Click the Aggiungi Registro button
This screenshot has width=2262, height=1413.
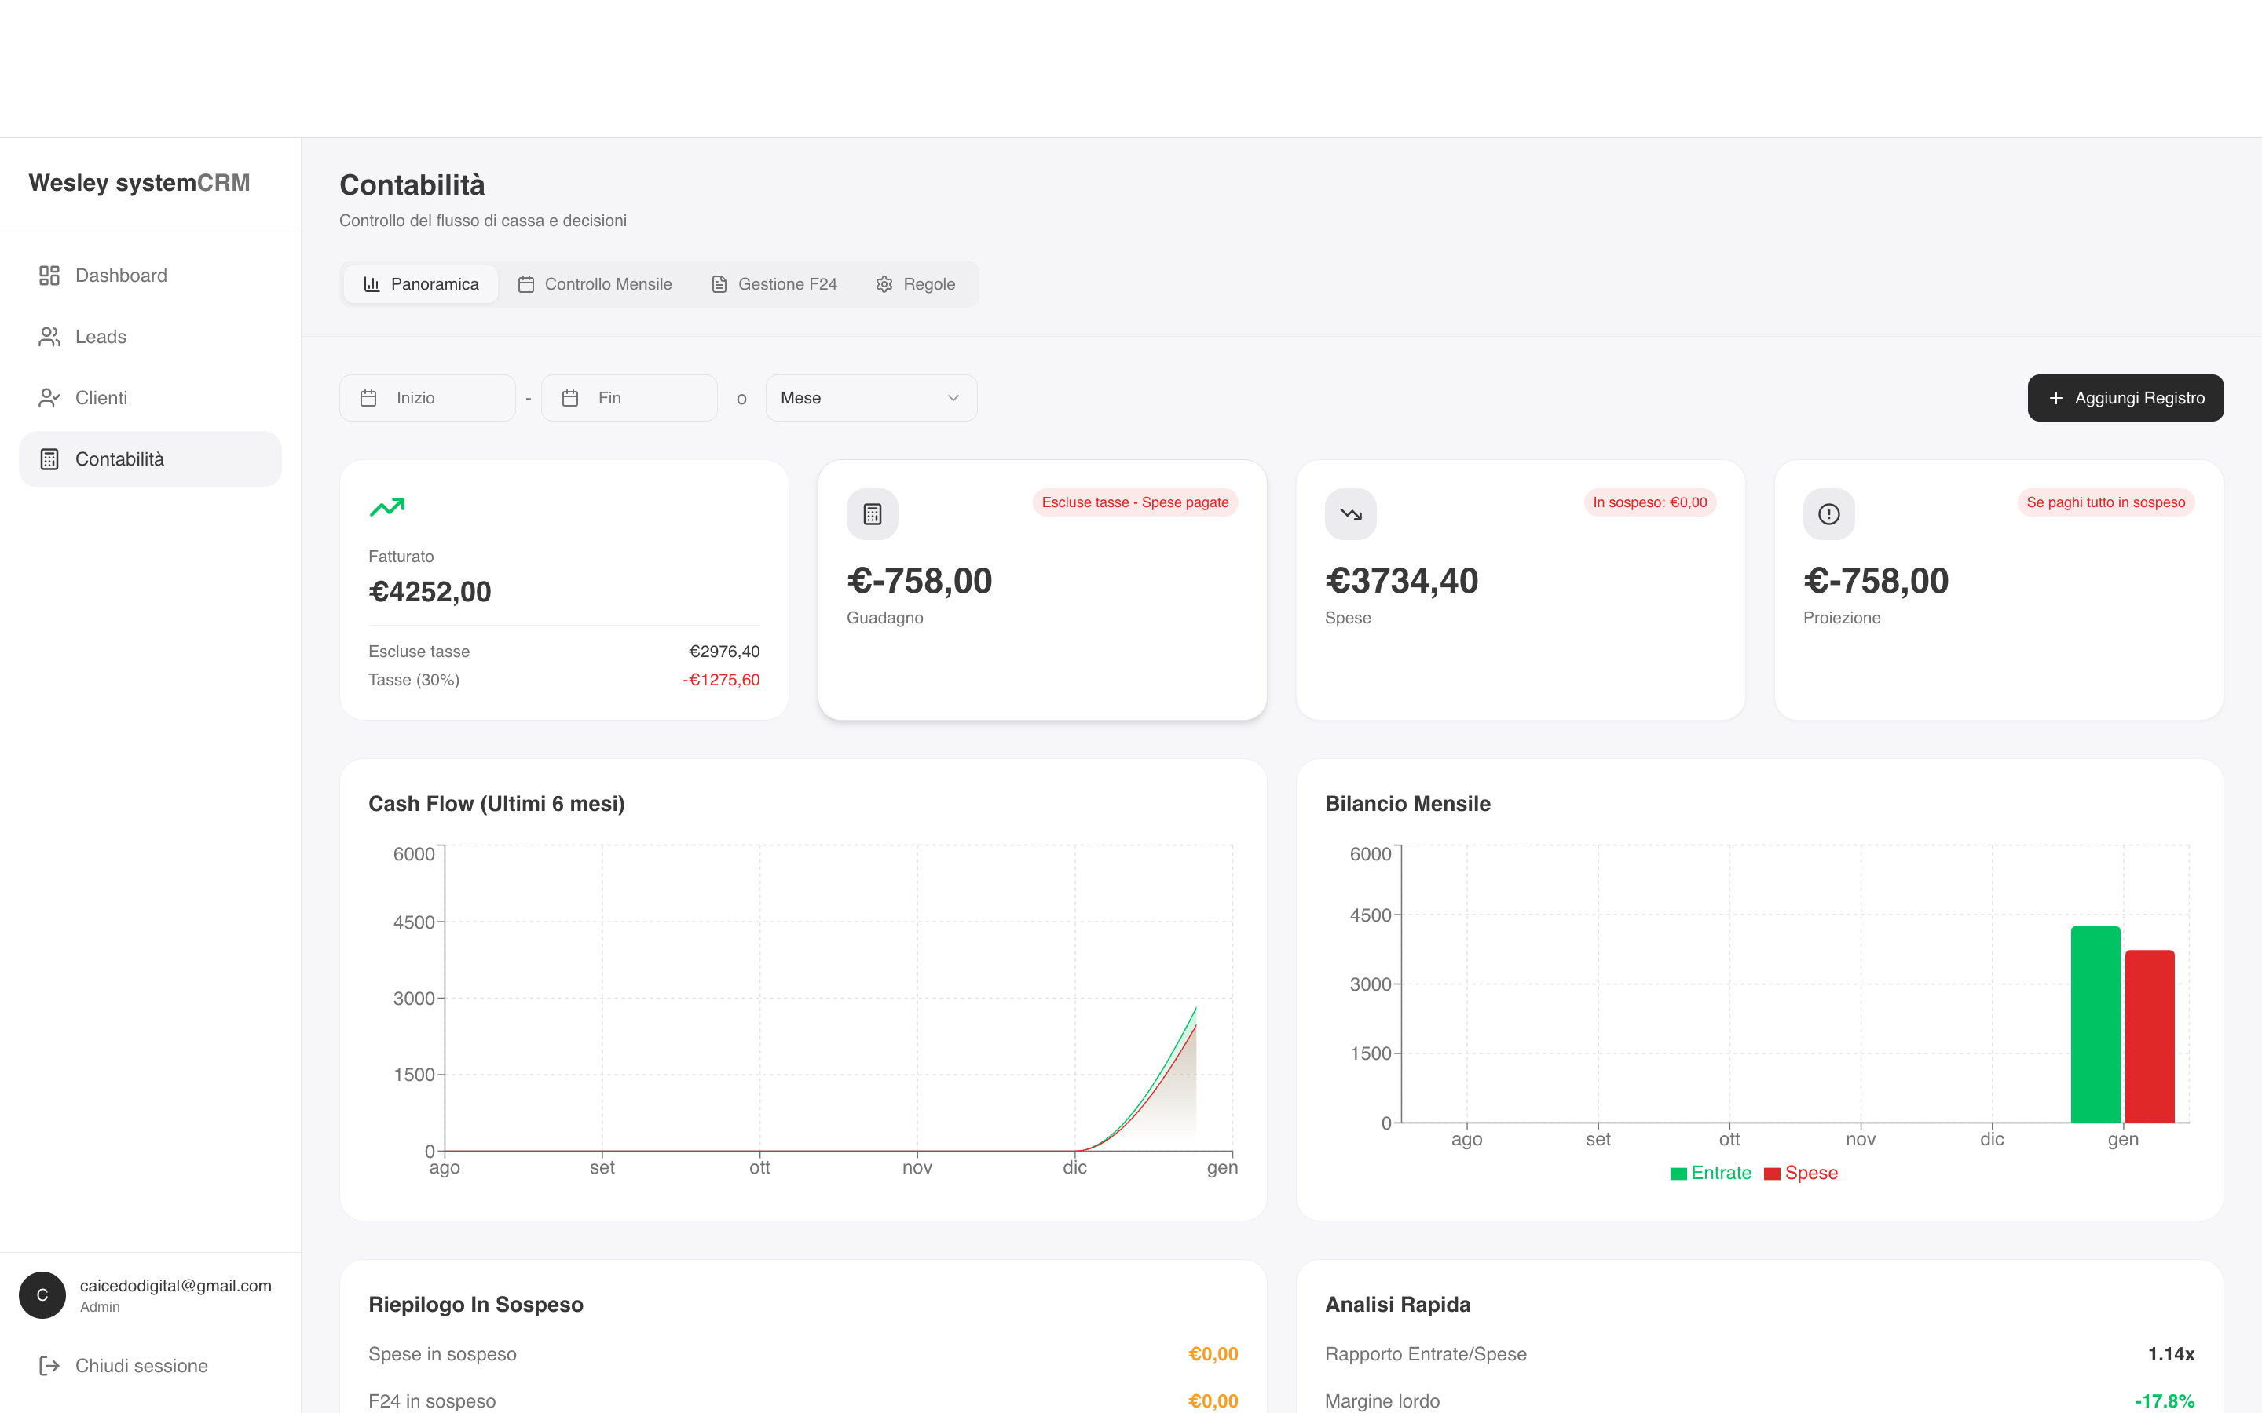tap(2125, 398)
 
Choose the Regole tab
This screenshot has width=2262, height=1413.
tap(916, 284)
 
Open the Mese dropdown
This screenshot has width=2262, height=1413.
tap(871, 398)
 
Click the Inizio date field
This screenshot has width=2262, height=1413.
tap(427, 398)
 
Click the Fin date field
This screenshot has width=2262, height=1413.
tap(629, 398)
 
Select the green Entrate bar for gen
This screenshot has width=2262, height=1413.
tap(2095, 1024)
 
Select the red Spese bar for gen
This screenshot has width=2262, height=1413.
tap(2150, 1036)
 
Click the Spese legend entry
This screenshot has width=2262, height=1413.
tap(1801, 1173)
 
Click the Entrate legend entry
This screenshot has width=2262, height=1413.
tap(1711, 1173)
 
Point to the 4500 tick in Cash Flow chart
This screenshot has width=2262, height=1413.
tap(414, 922)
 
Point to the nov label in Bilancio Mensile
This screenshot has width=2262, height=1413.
tap(1861, 1139)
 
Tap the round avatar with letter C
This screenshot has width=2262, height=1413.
tap(42, 1295)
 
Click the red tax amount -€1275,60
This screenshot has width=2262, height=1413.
tap(721, 679)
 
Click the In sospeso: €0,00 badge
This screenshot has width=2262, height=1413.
tap(1649, 502)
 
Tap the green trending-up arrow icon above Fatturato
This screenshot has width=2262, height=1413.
tap(387, 506)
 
